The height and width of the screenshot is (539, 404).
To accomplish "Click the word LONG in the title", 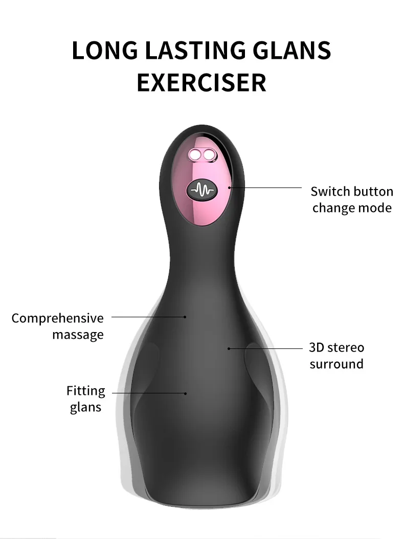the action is [105, 50].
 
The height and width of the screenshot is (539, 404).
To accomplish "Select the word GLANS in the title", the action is [292, 50].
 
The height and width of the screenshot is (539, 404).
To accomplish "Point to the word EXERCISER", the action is [201, 82].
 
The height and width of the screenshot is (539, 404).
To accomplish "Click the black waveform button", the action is [202, 190].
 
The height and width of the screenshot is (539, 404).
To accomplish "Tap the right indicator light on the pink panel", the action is [209, 155].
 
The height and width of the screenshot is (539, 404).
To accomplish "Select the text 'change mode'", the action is [352, 208].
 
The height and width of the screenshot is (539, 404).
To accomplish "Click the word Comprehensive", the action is [57, 318].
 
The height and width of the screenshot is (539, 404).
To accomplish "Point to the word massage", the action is [78, 335].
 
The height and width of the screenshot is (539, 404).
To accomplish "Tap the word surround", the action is [336, 364].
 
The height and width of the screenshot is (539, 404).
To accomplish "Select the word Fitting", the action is [86, 391].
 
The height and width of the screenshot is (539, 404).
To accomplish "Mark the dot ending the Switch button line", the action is [230, 188].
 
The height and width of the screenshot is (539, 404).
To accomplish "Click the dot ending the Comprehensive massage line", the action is [185, 317].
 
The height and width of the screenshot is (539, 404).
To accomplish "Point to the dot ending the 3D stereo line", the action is [229, 348].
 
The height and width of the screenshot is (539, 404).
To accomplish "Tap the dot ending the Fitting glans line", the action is [186, 393].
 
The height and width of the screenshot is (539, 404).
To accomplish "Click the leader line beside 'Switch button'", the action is [265, 188].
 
